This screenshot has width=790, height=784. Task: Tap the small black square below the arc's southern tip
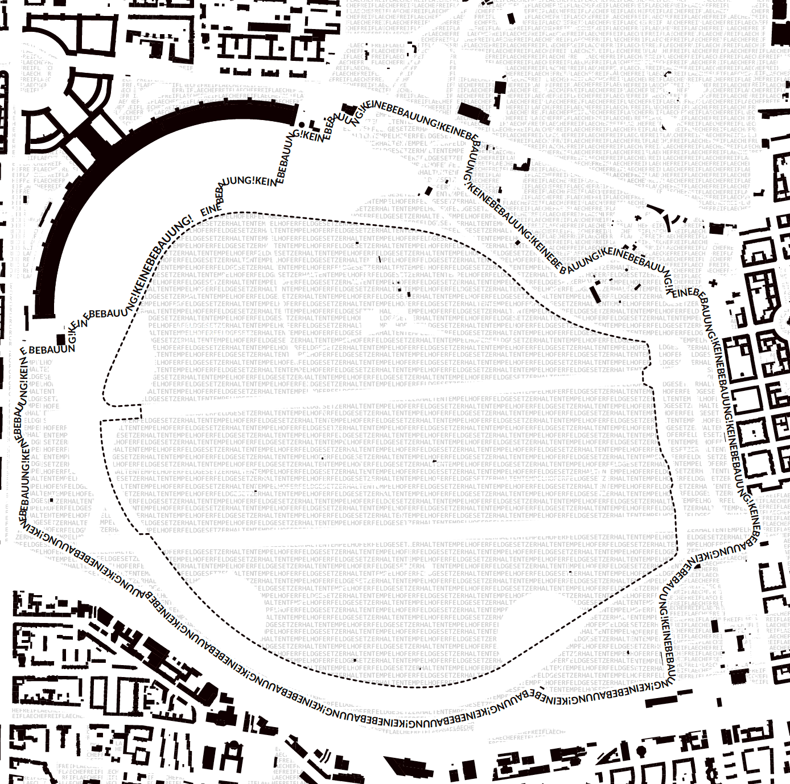coord(61,340)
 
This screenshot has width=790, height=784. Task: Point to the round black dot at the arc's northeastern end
coord(302,124)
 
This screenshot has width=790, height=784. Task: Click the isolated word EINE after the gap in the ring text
coord(210,210)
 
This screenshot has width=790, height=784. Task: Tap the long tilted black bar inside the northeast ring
coord(595,294)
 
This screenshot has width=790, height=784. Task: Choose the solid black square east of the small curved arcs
coord(717,230)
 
